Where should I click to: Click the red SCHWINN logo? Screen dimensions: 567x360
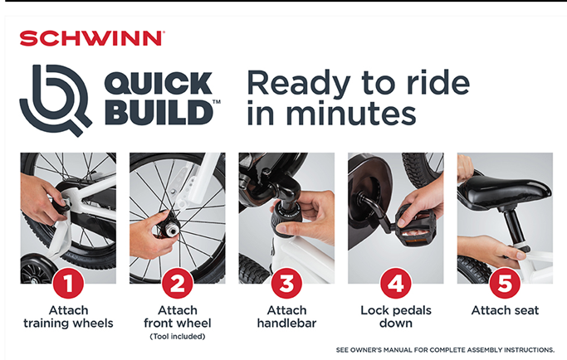click(x=92, y=38)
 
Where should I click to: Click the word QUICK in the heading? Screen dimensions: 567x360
click(x=158, y=84)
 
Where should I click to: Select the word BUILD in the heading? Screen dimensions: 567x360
click(x=159, y=113)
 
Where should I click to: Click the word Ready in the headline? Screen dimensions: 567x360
click(x=299, y=84)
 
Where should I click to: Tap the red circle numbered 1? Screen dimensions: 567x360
click(x=68, y=284)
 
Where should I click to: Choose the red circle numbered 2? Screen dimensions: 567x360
click(x=178, y=284)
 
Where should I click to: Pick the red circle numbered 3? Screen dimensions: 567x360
click(x=286, y=284)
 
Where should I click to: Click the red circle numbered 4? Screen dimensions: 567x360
click(x=396, y=284)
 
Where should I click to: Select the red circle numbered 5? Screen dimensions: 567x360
click(x=506, y=284)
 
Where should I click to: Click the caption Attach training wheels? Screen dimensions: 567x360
click(x=68, y=317)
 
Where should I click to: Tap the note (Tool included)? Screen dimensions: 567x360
click(x=178, y=337)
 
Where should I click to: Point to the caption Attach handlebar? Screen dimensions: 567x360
click(x=286, y=317)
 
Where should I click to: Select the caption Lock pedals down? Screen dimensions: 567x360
click(x=396, y=317)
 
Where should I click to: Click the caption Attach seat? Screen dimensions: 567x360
click(x=506, y=310)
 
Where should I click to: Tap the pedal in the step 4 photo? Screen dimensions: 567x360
click(x=415, y=226)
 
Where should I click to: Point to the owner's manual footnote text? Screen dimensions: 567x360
click(x=445, y=350)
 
